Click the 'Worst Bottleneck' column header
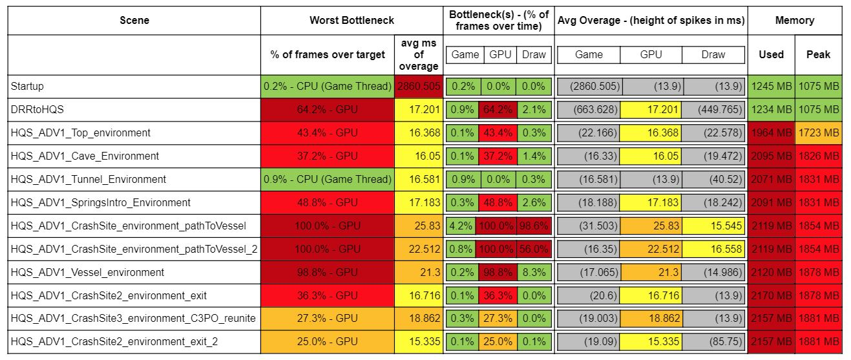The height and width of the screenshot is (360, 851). [352, 20]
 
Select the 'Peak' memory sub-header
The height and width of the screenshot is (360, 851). [818, 55]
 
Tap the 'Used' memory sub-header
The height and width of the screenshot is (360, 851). [772, 55]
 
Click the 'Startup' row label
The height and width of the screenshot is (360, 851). [27, 87]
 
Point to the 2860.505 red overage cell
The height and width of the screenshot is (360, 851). [419, 87]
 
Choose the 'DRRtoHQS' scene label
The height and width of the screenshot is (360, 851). [37, 109]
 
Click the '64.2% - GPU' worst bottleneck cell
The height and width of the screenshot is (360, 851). [328, 109]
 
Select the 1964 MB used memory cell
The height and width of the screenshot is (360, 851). [772, 132]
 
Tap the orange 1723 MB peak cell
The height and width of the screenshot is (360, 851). [818, 132]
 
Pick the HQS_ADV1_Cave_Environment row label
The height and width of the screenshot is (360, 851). [85, 156]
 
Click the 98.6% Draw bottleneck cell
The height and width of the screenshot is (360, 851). [533, 226]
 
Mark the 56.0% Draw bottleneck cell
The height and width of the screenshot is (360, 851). [533, 249]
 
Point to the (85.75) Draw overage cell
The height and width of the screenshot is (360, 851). [713, 342]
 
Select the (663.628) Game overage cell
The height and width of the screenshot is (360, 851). [589, 109]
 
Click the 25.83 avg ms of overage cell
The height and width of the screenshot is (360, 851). [419, 226]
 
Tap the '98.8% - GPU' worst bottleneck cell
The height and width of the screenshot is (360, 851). [328, 272]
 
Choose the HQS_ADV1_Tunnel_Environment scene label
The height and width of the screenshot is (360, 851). [89, 179]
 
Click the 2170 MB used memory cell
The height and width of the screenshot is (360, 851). [772, 295]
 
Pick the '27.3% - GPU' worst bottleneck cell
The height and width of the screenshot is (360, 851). [328, 319]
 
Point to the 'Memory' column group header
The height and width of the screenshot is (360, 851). [795, 20]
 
